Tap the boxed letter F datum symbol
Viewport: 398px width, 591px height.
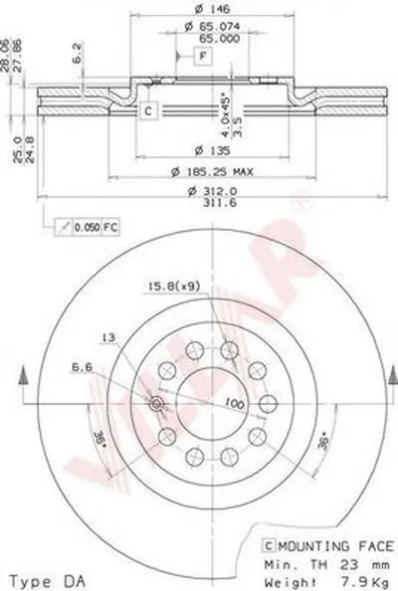tap(202, 56)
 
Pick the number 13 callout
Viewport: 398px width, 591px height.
tap(109, 338)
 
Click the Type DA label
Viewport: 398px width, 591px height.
tap(39, 579)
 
